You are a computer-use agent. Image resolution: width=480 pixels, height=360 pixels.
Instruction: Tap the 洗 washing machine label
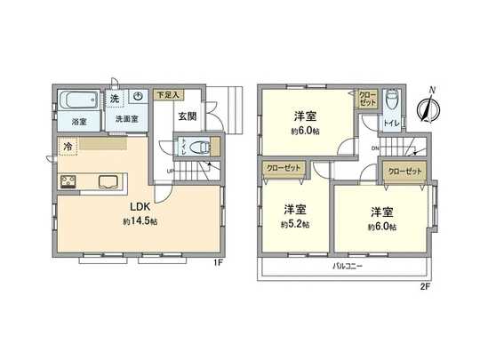point(115,98)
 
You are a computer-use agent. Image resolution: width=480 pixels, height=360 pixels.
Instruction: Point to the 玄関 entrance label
point(187,116)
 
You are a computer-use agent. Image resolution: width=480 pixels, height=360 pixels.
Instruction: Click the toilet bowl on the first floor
point(200,148)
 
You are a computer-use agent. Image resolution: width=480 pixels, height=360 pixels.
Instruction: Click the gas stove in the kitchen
point(68,182)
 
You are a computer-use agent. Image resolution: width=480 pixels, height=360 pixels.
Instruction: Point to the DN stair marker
point(376,148)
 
